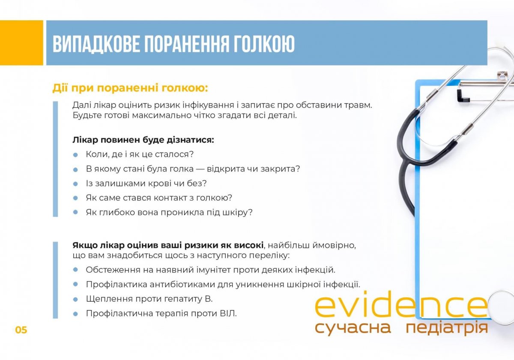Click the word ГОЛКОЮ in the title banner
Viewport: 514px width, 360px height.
(264, 44)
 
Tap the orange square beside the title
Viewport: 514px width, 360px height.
(21, 43)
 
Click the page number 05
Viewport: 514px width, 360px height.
(21, 330)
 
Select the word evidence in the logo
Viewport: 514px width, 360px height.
(401, 304)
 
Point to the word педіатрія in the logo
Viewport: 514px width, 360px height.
(447, 328)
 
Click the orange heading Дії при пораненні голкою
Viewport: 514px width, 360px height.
(130, 88)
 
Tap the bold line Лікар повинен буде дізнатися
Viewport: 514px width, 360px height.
(143, 140)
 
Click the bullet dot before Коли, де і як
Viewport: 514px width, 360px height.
(75, 155)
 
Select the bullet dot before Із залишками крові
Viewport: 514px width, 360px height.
(75, 184)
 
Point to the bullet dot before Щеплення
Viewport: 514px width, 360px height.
(75, 300)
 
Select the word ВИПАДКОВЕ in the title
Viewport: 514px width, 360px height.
(96, 44)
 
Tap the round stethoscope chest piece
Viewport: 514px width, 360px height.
(502, 307)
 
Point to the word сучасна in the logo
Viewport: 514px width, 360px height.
(353, 328)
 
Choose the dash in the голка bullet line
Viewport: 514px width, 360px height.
(200, 169)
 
